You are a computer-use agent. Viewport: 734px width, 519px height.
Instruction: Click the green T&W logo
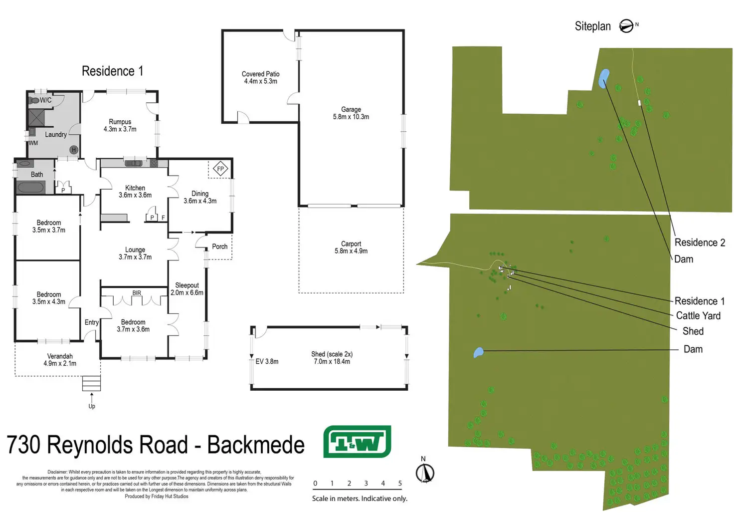pos(357,441)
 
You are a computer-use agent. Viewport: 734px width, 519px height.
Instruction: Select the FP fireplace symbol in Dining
pos(220,169)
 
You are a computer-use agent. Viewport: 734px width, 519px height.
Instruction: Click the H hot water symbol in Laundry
pos(74,150)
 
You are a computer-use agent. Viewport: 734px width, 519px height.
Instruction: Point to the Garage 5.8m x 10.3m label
pos(351,113)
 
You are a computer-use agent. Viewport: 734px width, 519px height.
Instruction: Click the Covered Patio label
pos(260,78)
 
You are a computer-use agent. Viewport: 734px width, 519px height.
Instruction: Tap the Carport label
pos(351,248)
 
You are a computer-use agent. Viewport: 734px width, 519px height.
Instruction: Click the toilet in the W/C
pos(34,100)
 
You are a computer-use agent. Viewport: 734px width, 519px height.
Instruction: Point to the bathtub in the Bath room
pos(31,187)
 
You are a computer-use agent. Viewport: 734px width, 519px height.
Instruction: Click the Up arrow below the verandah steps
pos(91,397)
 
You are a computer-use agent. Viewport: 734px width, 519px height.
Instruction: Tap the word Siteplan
pos(593,26)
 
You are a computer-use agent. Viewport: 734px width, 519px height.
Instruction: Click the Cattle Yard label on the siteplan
pos(698,315)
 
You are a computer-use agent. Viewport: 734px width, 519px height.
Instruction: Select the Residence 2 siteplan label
pos(700,243)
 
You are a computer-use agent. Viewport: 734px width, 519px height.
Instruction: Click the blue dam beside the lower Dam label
pos(478,352)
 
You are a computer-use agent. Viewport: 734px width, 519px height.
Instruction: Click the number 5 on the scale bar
pos(400,483)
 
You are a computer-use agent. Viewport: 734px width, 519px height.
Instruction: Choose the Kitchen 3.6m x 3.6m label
pos(135,192)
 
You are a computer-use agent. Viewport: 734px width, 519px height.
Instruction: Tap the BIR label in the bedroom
pos(137,293)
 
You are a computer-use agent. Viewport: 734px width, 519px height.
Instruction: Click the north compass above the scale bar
pos(425,473)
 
